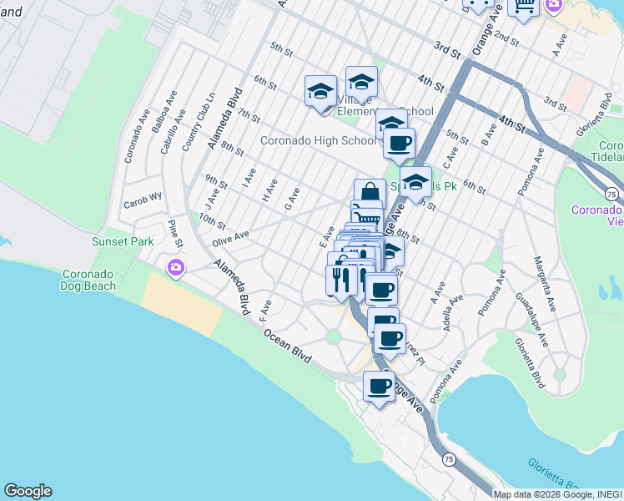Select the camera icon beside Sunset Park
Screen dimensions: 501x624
[176, 268]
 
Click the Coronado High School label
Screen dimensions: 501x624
[318, 140]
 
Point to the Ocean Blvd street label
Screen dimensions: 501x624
[288, 345]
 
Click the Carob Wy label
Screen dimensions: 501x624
[141, 204]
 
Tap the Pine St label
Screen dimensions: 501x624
[174, 234]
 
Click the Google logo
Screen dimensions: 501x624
[28, 491]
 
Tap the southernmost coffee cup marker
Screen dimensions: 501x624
[379, 386]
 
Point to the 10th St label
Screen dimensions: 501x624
[212, 221]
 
